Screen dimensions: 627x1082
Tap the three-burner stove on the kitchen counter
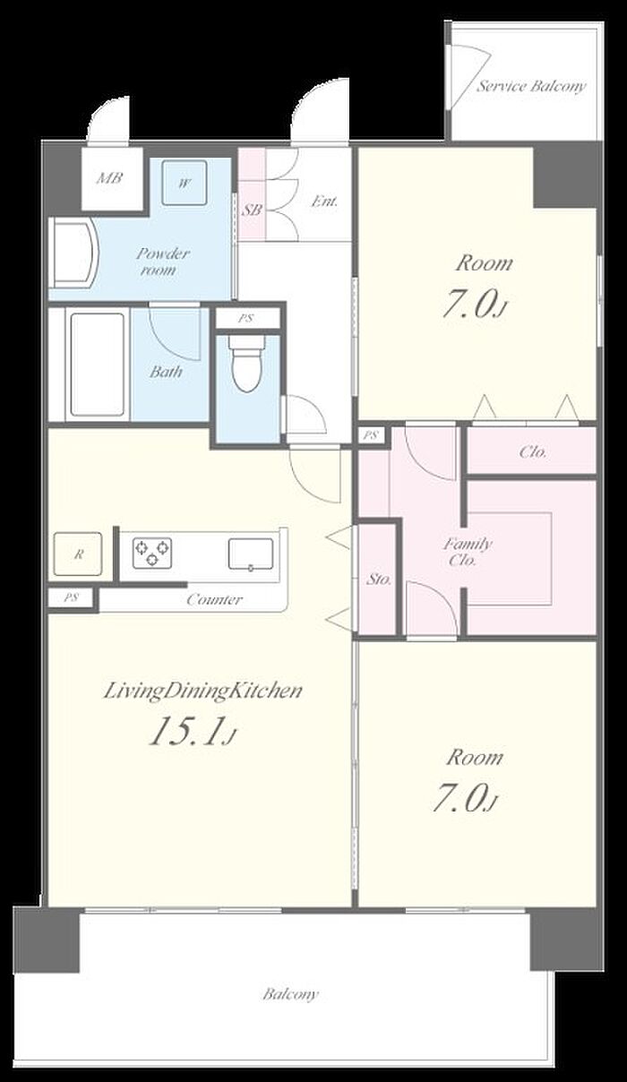click(x=152, y=552)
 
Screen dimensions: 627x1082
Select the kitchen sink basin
click(x=251, y=554)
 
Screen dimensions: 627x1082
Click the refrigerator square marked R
click(x=78, y=554)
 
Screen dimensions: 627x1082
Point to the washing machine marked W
click(x=184, y=183)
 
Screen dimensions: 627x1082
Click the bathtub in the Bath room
click(x=97, y=365)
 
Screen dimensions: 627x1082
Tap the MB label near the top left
click(x=109, y=178)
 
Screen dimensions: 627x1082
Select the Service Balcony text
click(x=531, y=87)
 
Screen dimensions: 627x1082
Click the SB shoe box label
click(x=253, y=210)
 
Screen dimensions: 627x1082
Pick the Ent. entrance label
click(x=324, y=201)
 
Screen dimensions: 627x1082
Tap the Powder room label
click(x=162, y=261)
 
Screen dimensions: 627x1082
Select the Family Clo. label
click(x=467, y=552)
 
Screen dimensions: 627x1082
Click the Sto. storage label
click(x=379, y=579)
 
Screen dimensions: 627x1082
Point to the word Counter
click(x=214, y=600)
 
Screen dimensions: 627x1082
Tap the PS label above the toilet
click(x=246, y=319)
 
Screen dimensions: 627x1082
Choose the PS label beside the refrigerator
click(x=71, y=597)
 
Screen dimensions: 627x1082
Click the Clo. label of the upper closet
click(x=533, y=452)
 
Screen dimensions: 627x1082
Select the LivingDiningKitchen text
click(x=203, y=691)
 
